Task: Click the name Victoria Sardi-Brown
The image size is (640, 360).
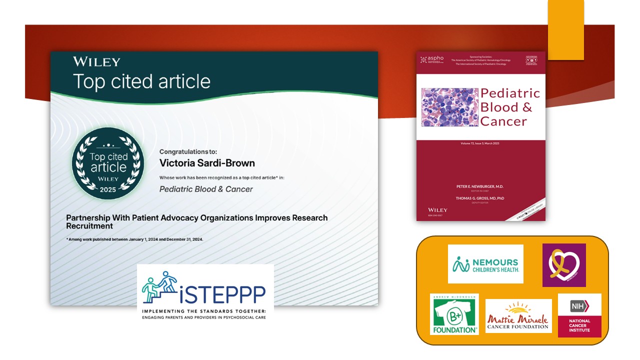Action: point(207,163)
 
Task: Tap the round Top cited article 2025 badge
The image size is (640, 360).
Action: point(108,163)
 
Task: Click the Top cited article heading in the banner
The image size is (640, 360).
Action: point(141,81)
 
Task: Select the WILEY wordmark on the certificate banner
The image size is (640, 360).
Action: point(96,62)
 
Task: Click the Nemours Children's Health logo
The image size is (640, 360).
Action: point(485,263)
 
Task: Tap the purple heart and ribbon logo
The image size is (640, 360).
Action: point(563,265)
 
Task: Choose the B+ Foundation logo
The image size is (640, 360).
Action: point(454,314)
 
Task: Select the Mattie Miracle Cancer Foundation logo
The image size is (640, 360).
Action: point(518,316)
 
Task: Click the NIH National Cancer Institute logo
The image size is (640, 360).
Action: point(579,315)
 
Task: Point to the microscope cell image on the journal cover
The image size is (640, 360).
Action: point(449,107)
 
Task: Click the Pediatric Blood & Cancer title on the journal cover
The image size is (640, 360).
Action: point(509,107)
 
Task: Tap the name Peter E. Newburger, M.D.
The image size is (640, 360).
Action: point(480,186)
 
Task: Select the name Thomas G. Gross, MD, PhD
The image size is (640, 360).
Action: point(480,198)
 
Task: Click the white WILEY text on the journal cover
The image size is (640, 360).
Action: point(437,210)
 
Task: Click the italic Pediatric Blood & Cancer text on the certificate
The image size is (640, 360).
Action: point(206,189)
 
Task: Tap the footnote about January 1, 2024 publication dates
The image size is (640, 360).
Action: point(134,239)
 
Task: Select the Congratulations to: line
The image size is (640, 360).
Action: point(188,151)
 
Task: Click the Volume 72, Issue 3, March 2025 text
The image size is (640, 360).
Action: point(480,143)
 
